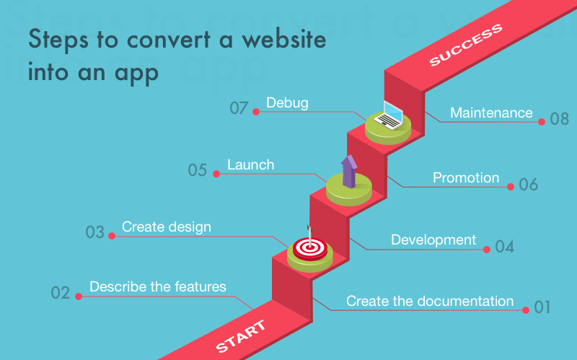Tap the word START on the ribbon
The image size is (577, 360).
click(240, 336)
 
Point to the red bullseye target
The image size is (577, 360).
click(310, 247)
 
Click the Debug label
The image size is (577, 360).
click(287, 103)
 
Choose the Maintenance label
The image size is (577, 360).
click(491, 113)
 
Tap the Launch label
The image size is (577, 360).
click(250, 165)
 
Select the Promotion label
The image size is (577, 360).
click(466, 177)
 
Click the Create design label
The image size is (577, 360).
click(167, 227)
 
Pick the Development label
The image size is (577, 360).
click(433, 240)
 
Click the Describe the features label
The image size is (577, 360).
click(158, 286)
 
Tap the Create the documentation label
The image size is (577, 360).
click(430, 301)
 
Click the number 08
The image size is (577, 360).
click(560, 119)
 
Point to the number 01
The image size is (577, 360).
click(542, 308)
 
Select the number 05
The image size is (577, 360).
click(198, 171)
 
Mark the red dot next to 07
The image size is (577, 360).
click(255, 111)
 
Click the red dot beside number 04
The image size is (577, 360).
click(488, 249)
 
